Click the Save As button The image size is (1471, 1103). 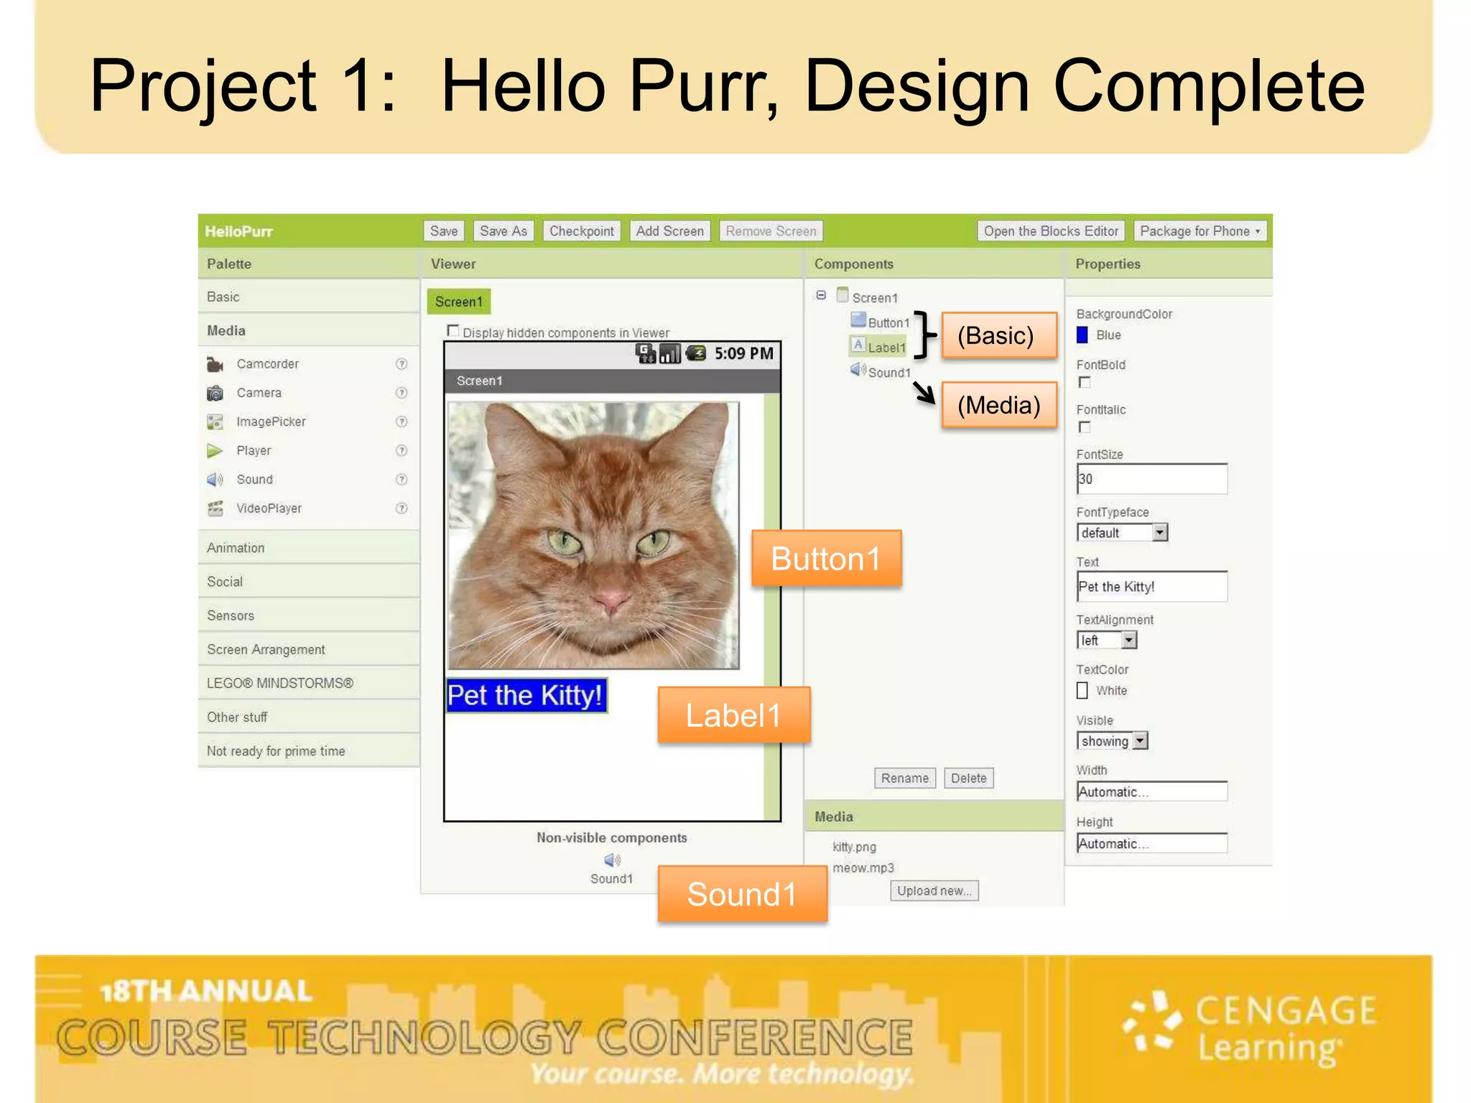(x=503, y=231)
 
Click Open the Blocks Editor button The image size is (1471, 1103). (x=1050, y=231)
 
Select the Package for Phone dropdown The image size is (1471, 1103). (x=1199, y=231)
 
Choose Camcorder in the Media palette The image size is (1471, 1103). (x=267, y=364)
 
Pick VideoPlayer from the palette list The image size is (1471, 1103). (x=269, y=508)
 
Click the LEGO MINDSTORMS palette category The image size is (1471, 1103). (x=280, y=683)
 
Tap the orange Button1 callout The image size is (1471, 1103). (x=826, y=559)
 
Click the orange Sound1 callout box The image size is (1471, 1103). (x=742, y=895)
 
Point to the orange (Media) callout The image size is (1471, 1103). (x=998, y=406)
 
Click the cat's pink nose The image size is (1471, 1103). (x=611, y=598)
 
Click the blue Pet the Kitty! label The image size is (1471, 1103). (x=526, y=695)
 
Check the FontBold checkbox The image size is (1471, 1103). (x=1085, y=383)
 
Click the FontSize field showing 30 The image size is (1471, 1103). (x=1151, y=479)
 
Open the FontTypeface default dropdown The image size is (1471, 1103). (x=1159, y=533)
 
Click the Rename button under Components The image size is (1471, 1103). (x=904, y=778)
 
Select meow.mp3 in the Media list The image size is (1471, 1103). (x=863, y=868)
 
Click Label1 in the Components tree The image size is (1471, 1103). (x=886, y=348)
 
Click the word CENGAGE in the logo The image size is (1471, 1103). (x=1286, y=1011)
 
